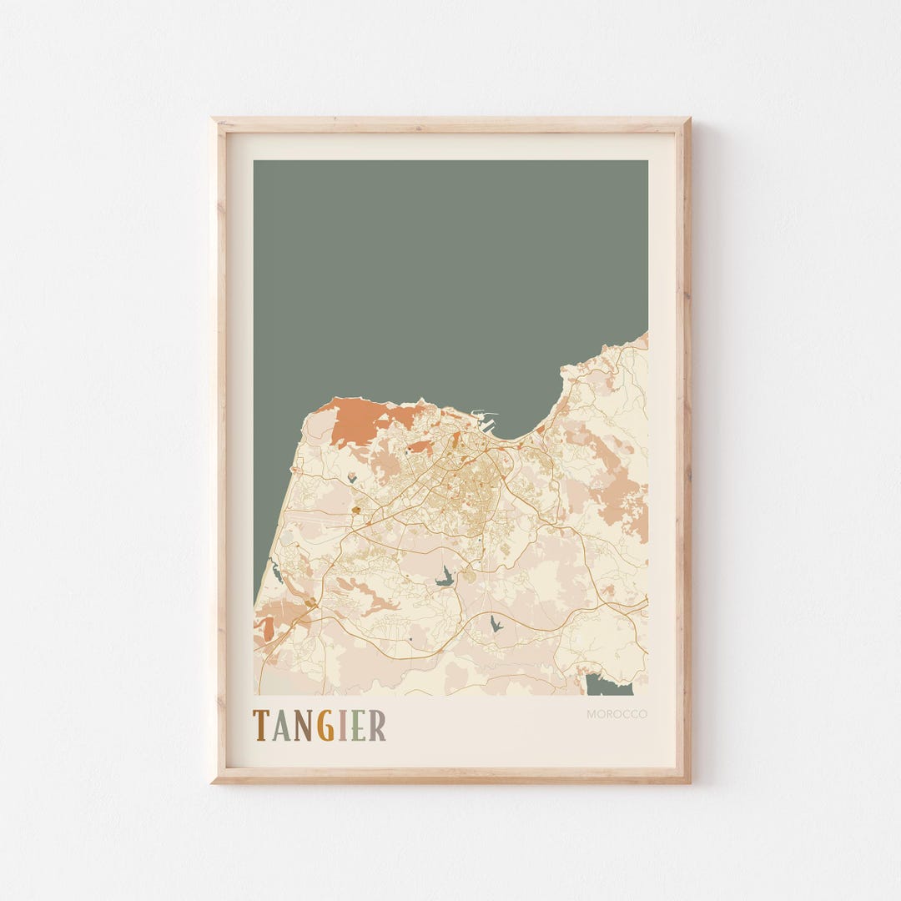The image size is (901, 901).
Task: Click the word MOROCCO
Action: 617,714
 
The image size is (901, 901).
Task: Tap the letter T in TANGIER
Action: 260,726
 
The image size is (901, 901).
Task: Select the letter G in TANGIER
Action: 325,726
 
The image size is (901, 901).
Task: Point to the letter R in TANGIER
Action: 377,726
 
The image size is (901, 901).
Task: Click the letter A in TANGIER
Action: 280,726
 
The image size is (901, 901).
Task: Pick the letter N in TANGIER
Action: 302,726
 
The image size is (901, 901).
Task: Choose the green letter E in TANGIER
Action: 358,726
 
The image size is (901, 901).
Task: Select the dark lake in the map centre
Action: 446,576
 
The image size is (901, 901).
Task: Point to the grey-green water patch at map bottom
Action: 607,686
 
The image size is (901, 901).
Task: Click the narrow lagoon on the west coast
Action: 274,572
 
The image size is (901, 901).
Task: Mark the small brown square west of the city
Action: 357,508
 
